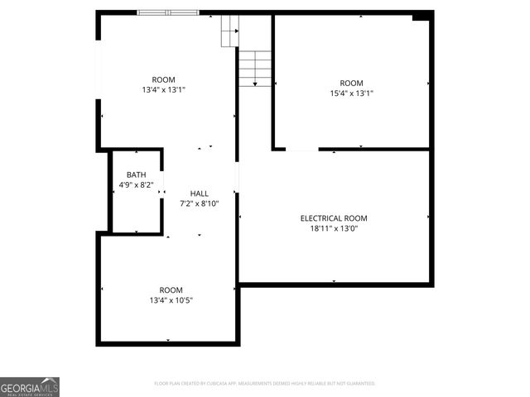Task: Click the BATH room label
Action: [x=137, y=175]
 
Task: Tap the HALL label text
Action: [x=200, y=193]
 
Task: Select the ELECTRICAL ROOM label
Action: [x=334, y=218]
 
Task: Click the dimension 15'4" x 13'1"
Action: [x=351, y=93]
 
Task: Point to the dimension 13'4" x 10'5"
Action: [x=171, y=300]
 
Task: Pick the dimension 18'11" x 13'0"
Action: [x=334, y=229]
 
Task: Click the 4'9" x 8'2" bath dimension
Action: [x=137, y=185]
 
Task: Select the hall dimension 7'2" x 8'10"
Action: [x=200, y=203]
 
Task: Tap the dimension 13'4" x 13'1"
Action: [x=163, y=89]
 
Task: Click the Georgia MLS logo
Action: [x=30, y=387]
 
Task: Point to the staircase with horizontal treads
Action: [x=255, y=69]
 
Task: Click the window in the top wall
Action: [x=168, y=12]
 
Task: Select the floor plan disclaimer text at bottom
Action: [x=265, y=384]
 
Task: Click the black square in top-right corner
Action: [x=422, y=16]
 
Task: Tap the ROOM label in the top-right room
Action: [x=351, y=83]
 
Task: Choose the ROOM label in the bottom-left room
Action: [x=171, y=289]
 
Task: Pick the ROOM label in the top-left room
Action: [x=163, y=79]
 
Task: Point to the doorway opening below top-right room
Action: [x=302, y=150]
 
